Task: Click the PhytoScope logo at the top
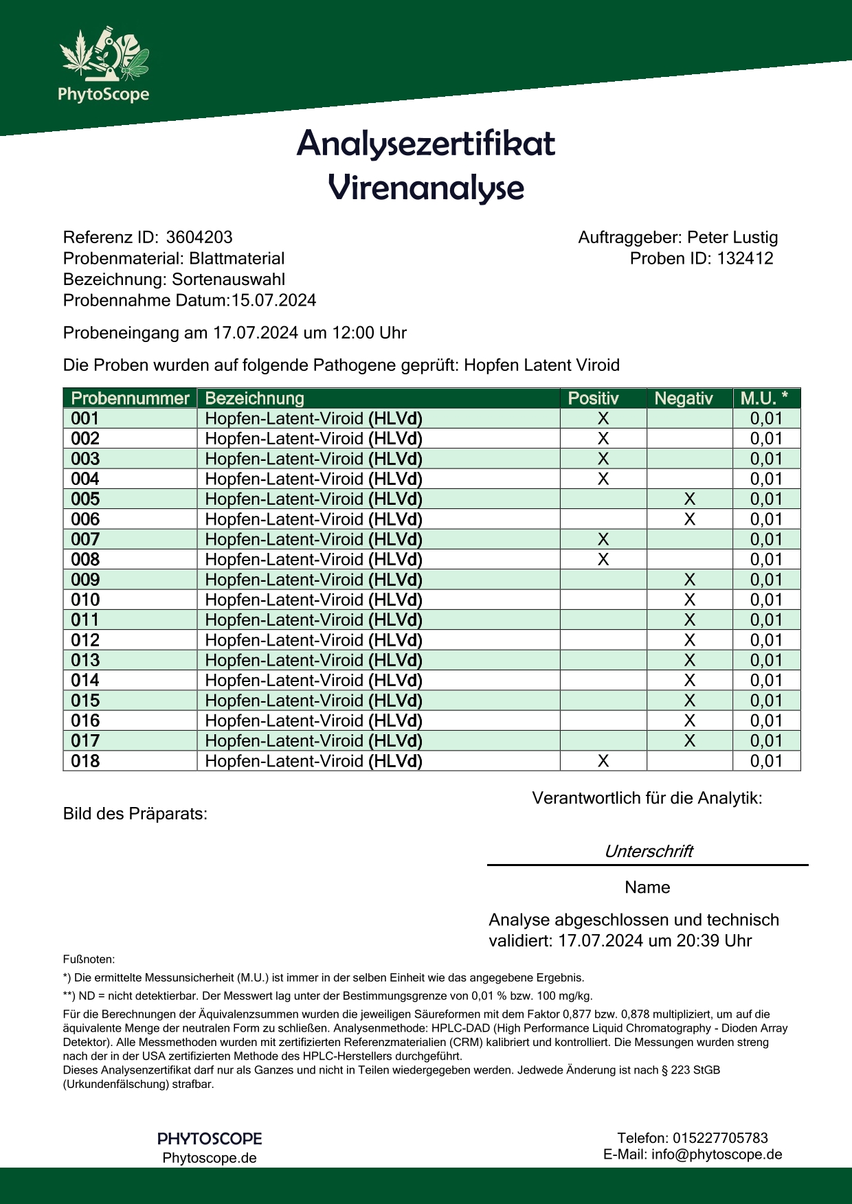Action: [104, 65]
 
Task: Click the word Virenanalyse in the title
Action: [426, 187]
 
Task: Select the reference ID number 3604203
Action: [199, 238]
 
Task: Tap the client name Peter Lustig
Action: [732, 238]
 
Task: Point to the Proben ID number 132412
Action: [745, 259]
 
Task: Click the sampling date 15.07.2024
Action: [273, 300]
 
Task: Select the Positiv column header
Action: [593, 398]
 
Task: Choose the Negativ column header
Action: [683, 398]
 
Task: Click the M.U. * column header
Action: [764, 398]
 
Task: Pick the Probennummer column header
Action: [130, 398]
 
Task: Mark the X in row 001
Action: [603, 419]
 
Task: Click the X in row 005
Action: [690, 499]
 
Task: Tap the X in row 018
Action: [603, 761]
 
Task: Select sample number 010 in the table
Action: [85, 600]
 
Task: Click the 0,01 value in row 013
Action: [766, 661]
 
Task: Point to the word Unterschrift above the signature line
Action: [648, 852]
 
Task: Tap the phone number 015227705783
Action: [720, 1138]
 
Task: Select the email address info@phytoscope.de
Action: [717, 1155]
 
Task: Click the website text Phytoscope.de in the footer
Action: [210, 1158]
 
